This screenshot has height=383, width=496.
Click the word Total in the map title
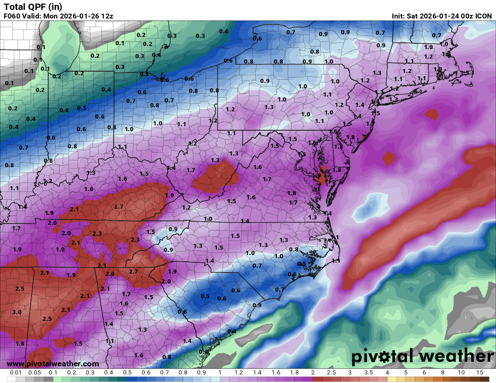(x=14, y=7)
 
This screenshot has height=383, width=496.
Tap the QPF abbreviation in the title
(x=36, y=7)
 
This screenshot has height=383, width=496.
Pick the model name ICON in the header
(x=483, y=16)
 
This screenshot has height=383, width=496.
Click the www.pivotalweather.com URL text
(x=53, y=364)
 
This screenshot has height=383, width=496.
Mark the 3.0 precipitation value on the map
(x=17, y=312)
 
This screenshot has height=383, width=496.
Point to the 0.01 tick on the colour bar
(x=16, y=373)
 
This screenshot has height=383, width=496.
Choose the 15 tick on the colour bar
(x=480, y=373)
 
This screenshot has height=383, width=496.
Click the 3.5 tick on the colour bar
(x=368, y=373)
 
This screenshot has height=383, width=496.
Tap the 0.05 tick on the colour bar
(x=35, y=373)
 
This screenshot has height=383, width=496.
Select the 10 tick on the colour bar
(x=461, y=373)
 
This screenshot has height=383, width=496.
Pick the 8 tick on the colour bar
(x=443, y=373)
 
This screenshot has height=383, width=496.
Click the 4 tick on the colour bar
(x=387, y=373)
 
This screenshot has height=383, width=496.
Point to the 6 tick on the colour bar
(x=424, y=373)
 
